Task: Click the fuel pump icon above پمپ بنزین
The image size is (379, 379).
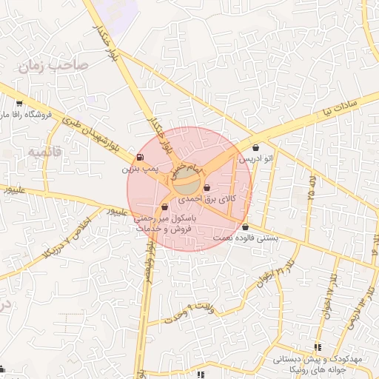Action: point(140,157)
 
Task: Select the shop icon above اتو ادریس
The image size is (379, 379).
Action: point(256,147)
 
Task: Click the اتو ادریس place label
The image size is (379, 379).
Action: point(255,158)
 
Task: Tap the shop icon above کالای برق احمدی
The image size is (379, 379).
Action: point(206,187)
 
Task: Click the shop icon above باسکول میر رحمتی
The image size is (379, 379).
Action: point(164,207)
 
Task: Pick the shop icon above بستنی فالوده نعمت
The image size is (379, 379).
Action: point(245,227)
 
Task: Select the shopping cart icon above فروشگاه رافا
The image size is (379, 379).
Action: point(19,104)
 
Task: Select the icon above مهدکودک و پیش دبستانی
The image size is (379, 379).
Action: point(318,346)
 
